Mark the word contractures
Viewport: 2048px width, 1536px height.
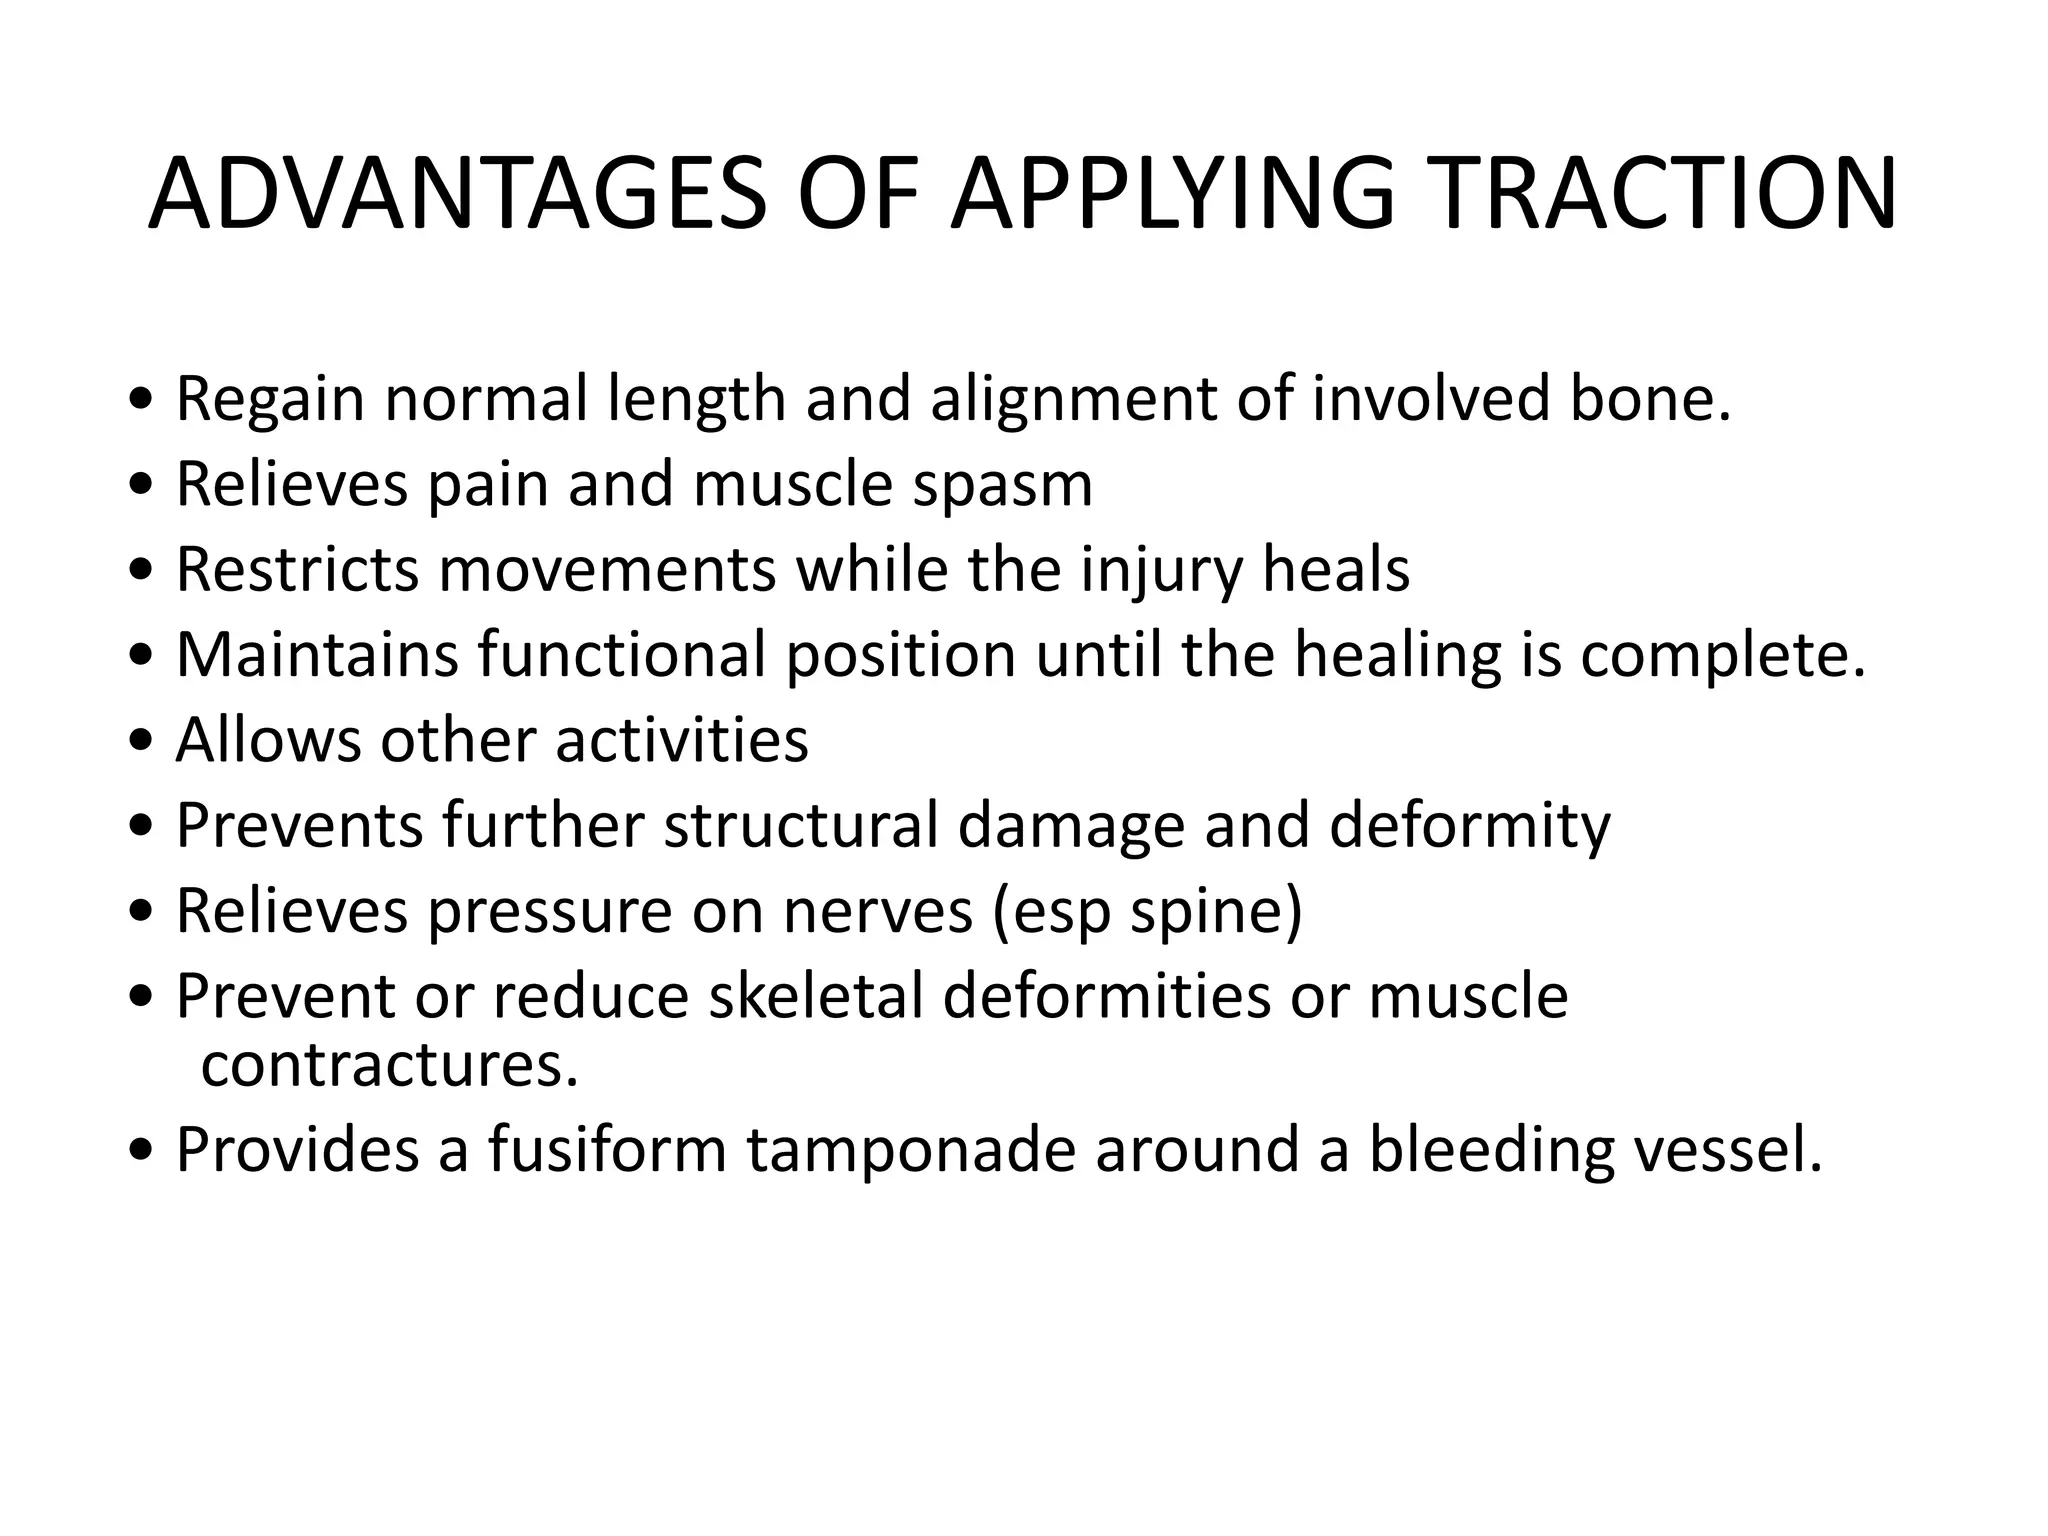(x=389, y=1066)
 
